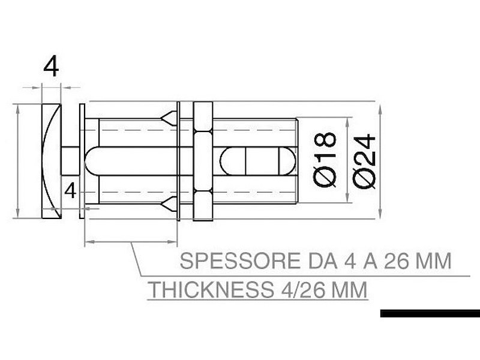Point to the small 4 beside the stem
[70, 191]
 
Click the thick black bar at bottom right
[430, 313]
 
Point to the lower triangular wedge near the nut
[170, 205]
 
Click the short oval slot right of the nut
[258, 161]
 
